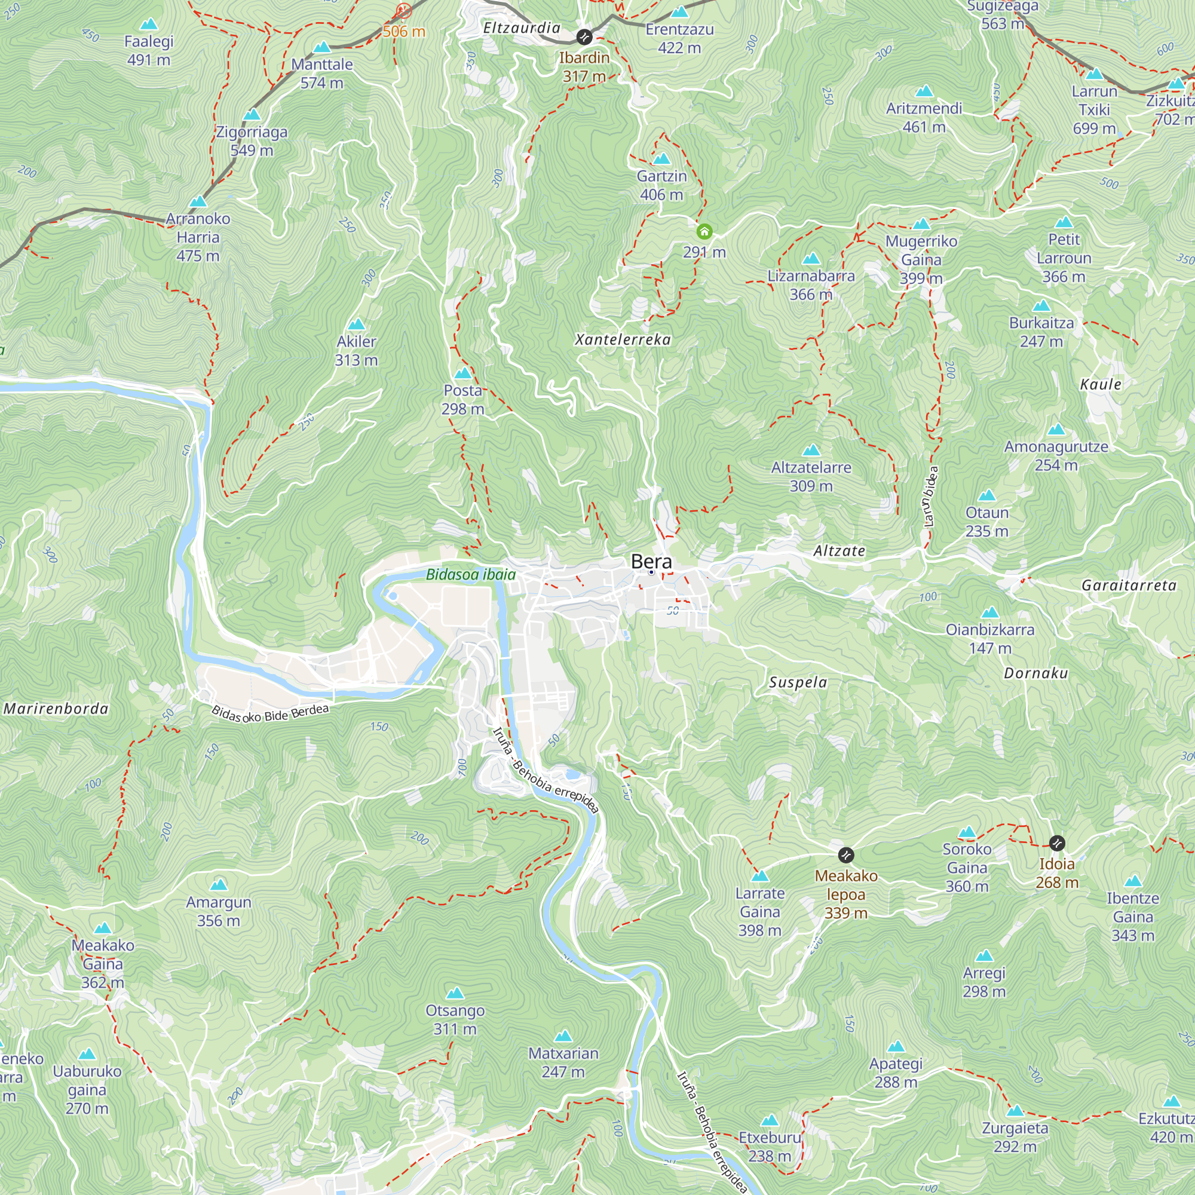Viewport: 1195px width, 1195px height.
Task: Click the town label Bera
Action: click(x=651, y=562)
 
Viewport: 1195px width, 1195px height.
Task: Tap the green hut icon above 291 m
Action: click(x=704, y=232)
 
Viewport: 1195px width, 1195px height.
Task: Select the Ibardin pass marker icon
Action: click(x=584, y=37)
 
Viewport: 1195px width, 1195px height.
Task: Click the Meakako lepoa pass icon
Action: click(x=845, y=856)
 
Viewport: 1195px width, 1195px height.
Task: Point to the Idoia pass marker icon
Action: click(x=1057, y=843)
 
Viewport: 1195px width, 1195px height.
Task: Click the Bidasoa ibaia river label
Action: click(x=471, y=575)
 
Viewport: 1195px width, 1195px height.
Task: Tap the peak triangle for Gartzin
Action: click(x=661, y=159)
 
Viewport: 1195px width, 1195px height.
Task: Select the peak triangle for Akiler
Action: click(x=356, y=324)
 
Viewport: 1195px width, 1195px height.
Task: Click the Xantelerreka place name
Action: click(x=623, y=339)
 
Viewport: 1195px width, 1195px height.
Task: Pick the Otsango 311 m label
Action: click(x=455, y=1019)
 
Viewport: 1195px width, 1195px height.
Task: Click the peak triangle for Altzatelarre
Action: click(x=811, y=451)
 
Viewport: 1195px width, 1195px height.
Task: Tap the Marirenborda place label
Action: click(x=56, y=709)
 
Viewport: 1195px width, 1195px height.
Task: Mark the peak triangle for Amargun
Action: click(x=218, y=885)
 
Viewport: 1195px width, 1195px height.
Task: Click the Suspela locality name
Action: click(x=798, y=682)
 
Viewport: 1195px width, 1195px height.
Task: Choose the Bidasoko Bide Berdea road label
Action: click(x=270, y=714)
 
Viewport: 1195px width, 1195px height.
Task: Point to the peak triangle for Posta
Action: click(x=462, y=373)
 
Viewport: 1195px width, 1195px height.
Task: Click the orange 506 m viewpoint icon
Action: click(x=403, y=11)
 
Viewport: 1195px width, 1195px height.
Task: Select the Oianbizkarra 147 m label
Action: click(x=989, y=638)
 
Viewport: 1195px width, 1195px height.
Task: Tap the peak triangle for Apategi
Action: click(x=896, y=1047)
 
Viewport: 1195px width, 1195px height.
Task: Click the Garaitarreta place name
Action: click(x=1129, y=585)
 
